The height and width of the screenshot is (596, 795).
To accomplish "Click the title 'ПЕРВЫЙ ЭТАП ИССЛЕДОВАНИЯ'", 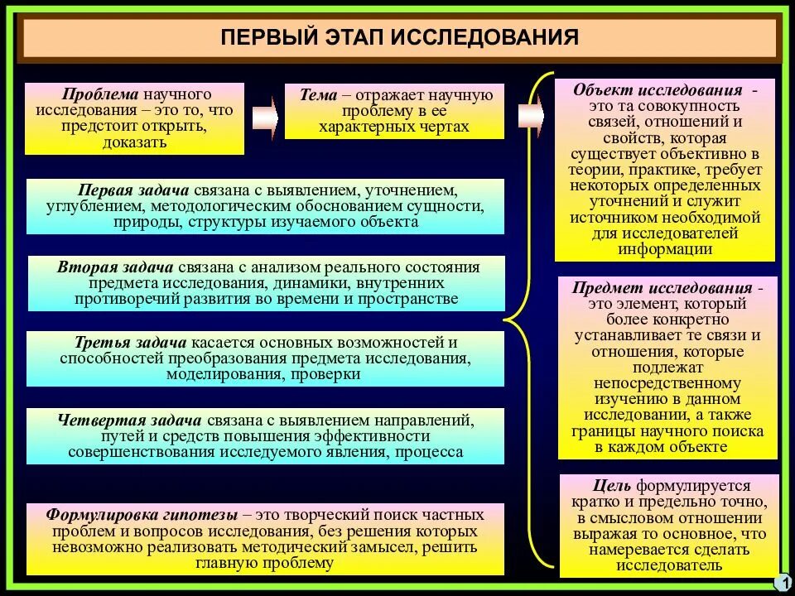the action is [400, 38].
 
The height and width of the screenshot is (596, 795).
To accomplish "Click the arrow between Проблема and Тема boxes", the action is [264, 118].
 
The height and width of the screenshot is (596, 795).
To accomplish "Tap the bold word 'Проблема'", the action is [93, 94].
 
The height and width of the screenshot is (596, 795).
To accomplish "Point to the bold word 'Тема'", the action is [318, 95].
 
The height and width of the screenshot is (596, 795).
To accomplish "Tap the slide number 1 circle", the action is [781, 583].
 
